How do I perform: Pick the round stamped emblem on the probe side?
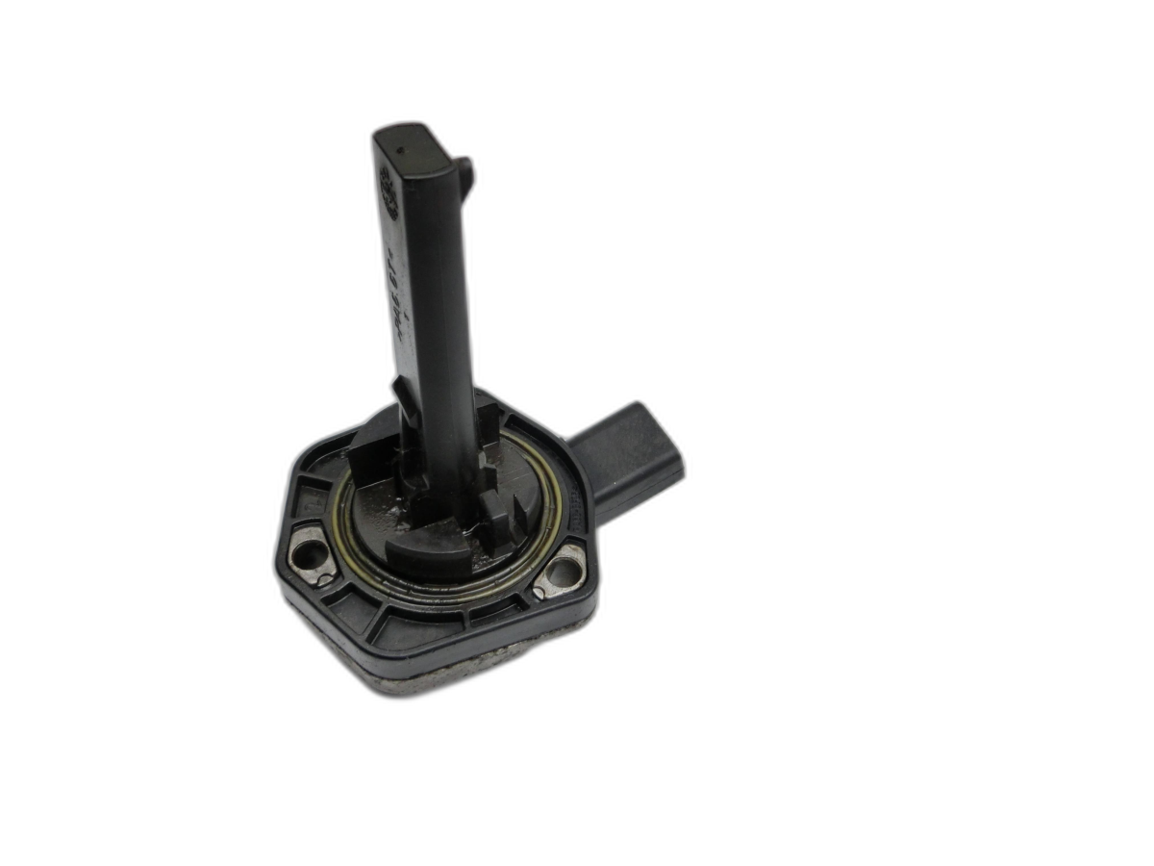coord(389,181)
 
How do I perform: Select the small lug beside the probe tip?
coord(466,173)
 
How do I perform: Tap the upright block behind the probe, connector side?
coord(488,423)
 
